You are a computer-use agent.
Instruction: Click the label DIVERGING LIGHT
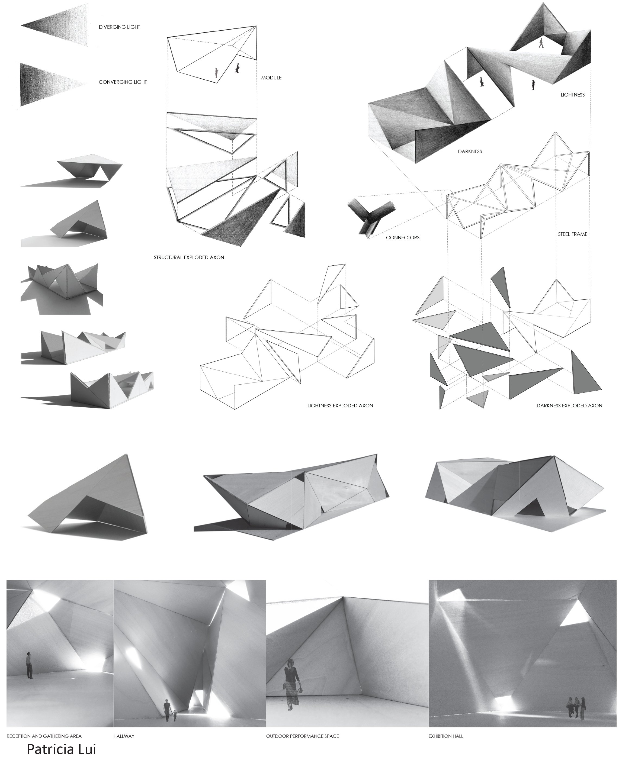click(x=119, y=27)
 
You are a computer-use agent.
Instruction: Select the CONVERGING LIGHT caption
click(x=123, y=82)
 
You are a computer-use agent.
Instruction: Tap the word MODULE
click(x=271, y=78)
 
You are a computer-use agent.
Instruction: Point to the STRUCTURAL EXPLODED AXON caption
click(x=189, y=257)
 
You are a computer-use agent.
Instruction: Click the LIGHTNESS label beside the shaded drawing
click(x=572, y=95)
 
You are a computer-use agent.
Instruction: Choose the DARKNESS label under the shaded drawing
click(x=470, y=152)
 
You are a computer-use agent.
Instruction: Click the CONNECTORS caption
click(x=402, y=237)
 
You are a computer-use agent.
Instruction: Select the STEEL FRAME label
click(x=572, y=234)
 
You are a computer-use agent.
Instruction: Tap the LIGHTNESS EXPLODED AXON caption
click(x=340, y=406)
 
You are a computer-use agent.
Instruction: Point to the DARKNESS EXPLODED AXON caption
click(x=569, y=406)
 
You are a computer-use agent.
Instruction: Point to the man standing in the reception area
click(x=29, y=665)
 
